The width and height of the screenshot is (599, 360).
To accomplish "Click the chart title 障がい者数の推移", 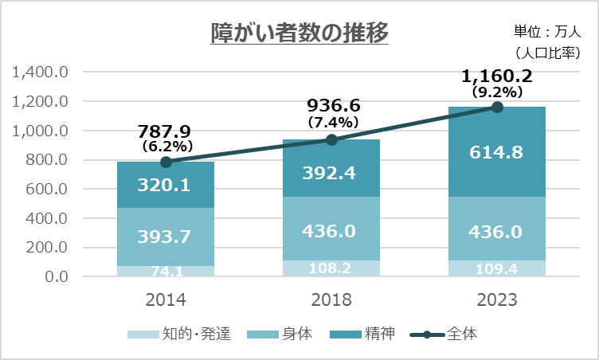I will (x=299, y=33).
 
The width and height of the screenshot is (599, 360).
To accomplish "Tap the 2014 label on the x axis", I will (x=166, y=300).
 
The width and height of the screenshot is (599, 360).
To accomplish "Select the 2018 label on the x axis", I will (x=332, y=300).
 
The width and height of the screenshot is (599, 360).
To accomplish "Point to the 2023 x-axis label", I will (x=498, y=300).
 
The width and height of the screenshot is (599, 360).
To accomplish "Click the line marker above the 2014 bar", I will (x=166, y=162).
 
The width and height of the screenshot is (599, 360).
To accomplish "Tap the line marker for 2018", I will (x=332, y=139).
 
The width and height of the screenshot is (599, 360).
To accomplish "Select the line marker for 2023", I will (x=498, y=107).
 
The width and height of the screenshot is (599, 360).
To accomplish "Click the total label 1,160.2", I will (x=497, y=77).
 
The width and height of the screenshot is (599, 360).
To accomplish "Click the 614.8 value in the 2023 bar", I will (x=496, y=153).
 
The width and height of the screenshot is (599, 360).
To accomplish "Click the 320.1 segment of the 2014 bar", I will (x=165, y=185).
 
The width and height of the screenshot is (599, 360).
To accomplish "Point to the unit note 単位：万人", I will (x=548, y=33).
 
